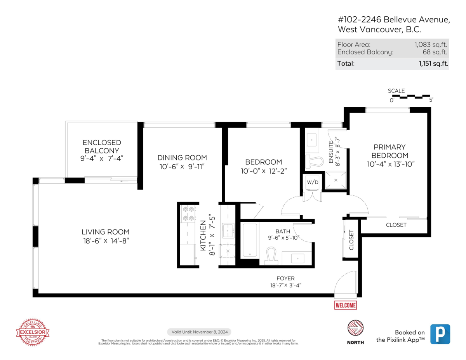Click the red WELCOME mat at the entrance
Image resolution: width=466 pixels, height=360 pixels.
[345, 305]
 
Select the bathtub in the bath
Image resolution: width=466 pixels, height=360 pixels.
[250, 240]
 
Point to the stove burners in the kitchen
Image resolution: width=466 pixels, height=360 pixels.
[188, 214]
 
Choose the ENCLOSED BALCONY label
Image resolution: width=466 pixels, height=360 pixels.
[102, 146]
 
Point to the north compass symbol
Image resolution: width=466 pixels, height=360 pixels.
[355, 329]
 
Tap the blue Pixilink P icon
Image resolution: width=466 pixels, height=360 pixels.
[440, 334]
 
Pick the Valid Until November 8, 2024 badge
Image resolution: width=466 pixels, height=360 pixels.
[199, 332]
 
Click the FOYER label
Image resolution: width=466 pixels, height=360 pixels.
[285, 278]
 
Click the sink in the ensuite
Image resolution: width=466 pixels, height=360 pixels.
[312, 139]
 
